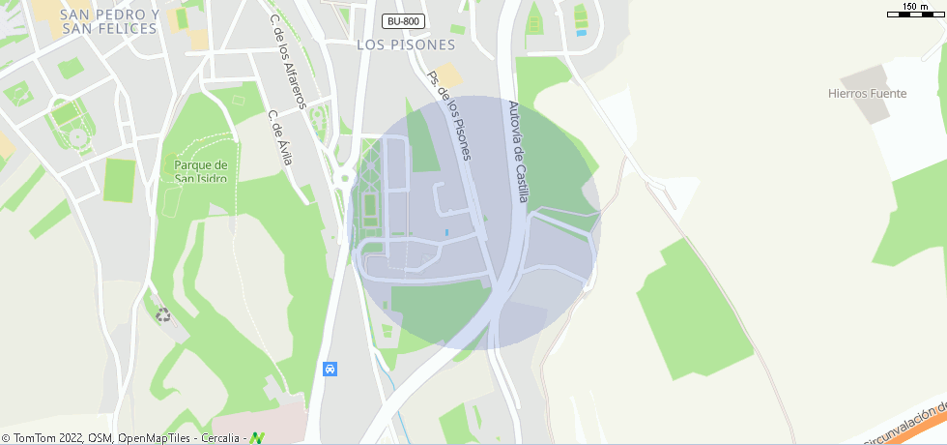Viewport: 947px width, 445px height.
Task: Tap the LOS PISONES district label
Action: click(405, 44)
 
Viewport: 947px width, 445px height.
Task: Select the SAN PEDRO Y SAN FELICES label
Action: click(108, 21)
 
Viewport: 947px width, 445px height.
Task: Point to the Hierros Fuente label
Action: click(868, 94)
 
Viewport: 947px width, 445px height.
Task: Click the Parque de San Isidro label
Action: click(200, 171)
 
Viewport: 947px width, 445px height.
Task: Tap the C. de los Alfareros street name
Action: click(287, 62)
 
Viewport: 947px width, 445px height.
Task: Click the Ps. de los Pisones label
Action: click(450, 115)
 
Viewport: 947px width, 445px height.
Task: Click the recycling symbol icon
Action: click(163, 313)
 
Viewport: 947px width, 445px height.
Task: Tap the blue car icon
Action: click(330, 369)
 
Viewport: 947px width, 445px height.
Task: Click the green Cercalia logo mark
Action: click(258, 438)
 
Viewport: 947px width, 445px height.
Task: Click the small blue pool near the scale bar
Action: click(581, 33)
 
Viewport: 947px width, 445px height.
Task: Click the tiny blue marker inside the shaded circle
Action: click(445, 233)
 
